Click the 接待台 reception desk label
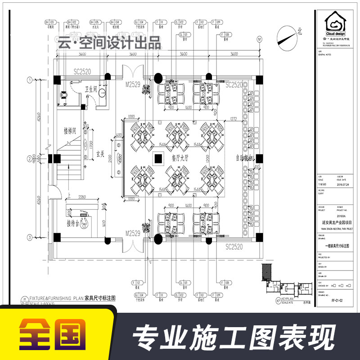(75, 223)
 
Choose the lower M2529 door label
(134, 233)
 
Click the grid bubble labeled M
(259, 40)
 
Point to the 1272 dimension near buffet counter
(233, 119)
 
